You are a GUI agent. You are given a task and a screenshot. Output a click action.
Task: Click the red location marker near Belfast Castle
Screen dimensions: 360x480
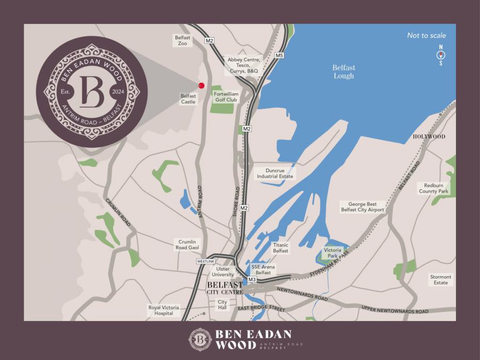(x=202, y=85)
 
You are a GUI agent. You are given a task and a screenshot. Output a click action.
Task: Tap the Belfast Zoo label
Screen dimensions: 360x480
(x=182, y=41)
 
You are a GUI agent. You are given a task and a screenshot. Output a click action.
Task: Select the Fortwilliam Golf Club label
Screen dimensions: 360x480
(x=226, y=97)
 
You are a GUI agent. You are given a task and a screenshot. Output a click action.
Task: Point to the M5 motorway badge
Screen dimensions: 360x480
(x=279, y=55)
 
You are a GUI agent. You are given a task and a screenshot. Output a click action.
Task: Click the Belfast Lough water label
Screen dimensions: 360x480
(x=343, y=71)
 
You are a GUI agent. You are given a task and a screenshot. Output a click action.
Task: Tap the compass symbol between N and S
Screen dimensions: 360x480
(x=441, y=55)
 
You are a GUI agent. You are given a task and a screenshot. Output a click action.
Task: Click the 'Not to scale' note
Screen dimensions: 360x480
(x=426, y=36)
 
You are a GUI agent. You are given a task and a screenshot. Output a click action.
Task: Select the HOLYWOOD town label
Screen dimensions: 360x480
(x=429, y=137)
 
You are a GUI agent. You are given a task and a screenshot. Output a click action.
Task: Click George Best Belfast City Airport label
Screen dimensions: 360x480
(x=363, y=207)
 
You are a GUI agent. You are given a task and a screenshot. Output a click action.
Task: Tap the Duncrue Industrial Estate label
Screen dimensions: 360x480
(x=275, y=173)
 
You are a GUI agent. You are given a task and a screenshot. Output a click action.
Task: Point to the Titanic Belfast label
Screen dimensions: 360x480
(x=281, y=248)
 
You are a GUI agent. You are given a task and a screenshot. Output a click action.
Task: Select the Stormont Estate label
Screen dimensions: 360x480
(x=441, y=279)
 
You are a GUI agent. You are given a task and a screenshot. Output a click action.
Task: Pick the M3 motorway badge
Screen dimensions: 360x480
(x=252, y=279)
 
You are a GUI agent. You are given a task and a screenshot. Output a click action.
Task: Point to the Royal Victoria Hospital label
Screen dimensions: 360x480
(x=164, y=310)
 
